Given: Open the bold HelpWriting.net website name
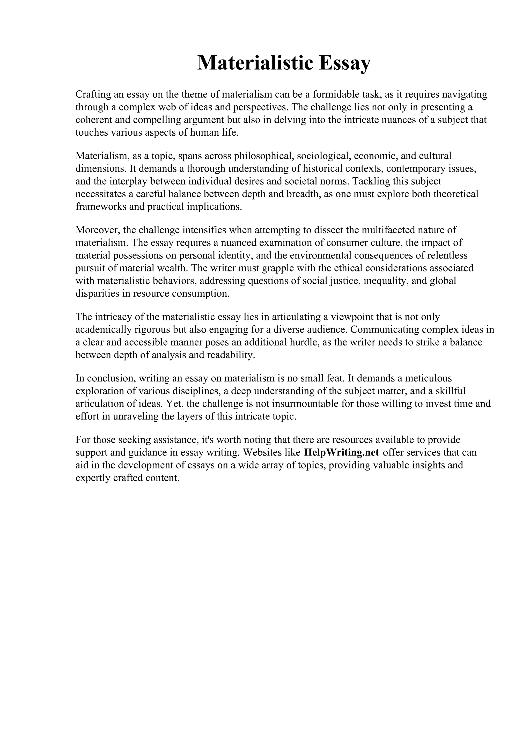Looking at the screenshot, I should (341, 452).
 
